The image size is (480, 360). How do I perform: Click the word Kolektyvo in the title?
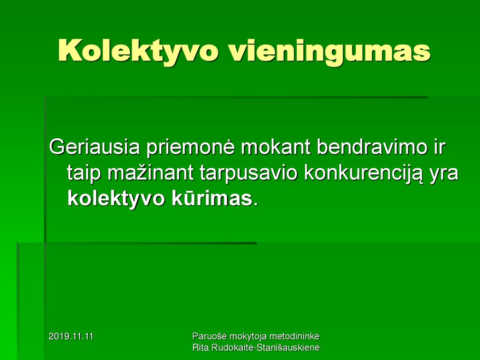click(138, 51)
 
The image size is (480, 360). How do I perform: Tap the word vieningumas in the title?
click(330, 51)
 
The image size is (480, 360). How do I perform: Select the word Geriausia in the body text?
click(94, 147)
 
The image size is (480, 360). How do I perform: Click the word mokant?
click(275, 147)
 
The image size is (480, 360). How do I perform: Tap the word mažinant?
click(150, 173)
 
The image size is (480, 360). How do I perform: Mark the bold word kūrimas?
click(211, 199)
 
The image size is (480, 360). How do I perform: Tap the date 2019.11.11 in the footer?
click(71, 337)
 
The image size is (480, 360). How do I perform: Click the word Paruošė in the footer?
click(210, 337)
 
